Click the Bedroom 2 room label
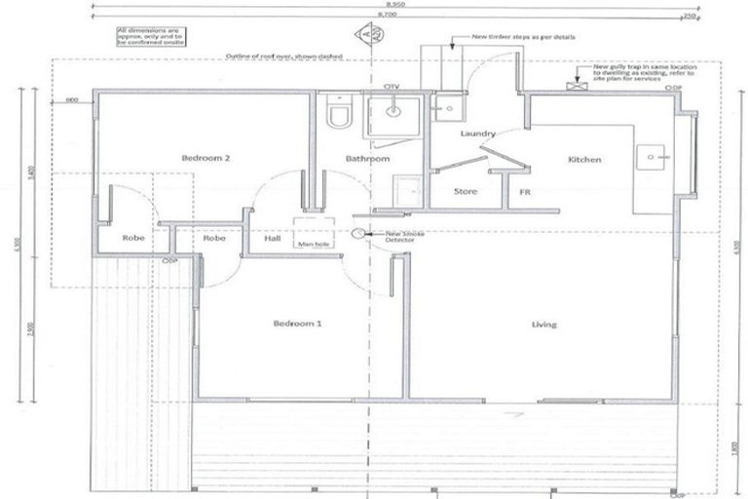[204, 158]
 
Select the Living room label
[543, 324]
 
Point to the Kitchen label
[584, 159]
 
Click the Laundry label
[478, 134]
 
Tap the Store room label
[467, 191]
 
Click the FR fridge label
[524, 192]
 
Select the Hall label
[272, 237]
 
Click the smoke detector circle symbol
[357, 234]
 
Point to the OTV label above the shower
[393, 88]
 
